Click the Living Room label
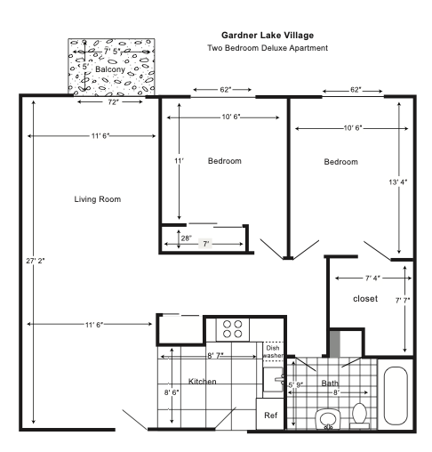97,199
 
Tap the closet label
366,297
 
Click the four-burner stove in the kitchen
233,328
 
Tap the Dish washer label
274,352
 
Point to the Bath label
331,383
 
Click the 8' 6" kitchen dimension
172,391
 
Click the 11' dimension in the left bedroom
179,161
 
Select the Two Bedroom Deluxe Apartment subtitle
268,48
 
